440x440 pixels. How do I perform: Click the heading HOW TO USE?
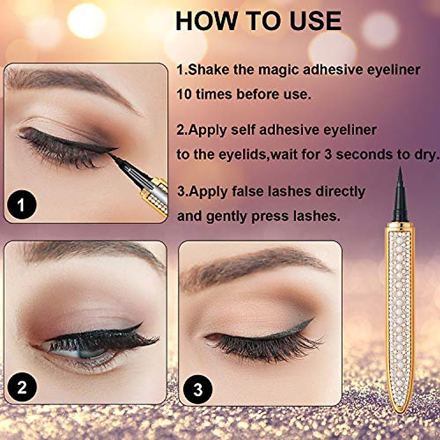pyautogui.click(x=258, y=21)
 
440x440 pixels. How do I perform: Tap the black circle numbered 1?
pyautogui.click(x=21, y=204)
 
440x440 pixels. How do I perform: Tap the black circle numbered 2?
pyautogui.click(x=22, y=386)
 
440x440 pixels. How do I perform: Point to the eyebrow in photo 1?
pyautogui.click(x=73, y=79)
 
